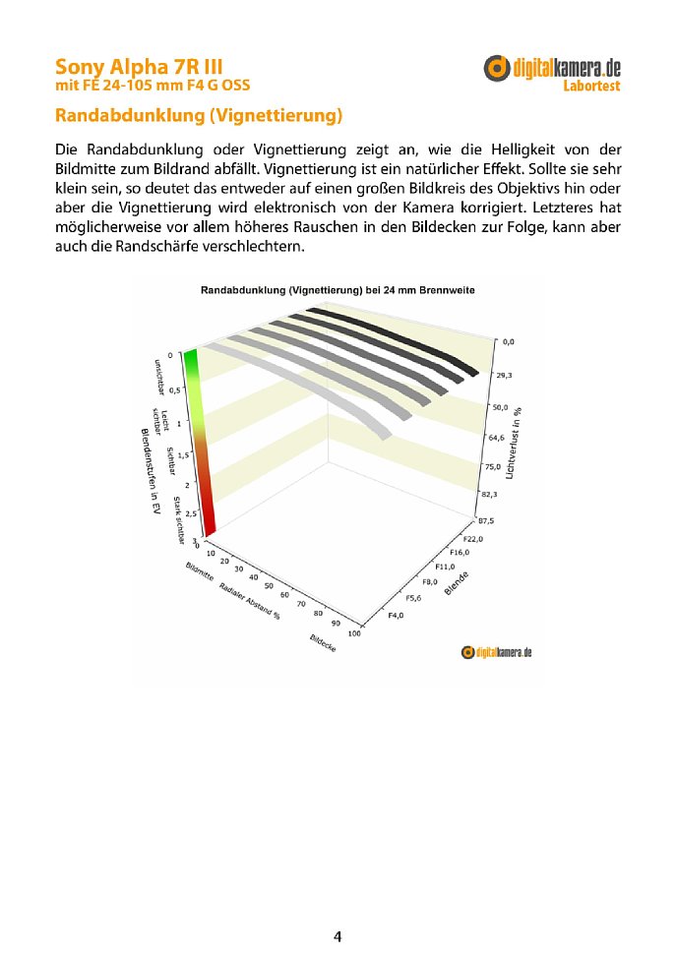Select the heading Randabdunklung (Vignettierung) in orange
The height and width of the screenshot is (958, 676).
coord(199,117)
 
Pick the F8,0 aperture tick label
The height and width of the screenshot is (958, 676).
coord(429,581)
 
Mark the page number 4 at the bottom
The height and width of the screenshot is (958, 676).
coord(338,936)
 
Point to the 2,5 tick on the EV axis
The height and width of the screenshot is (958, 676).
coord(190,514)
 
